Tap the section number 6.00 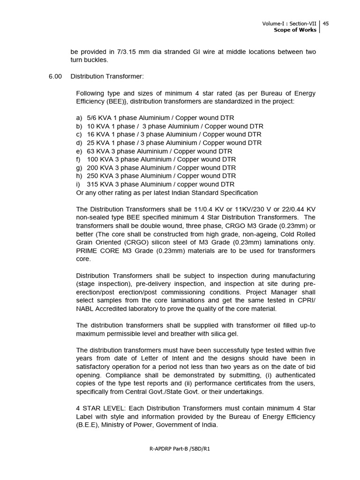[x=55, y=76]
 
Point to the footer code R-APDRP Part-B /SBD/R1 [x=180, y=449]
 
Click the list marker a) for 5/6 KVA [x=79, y=118]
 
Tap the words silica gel [x=224, y=333]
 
